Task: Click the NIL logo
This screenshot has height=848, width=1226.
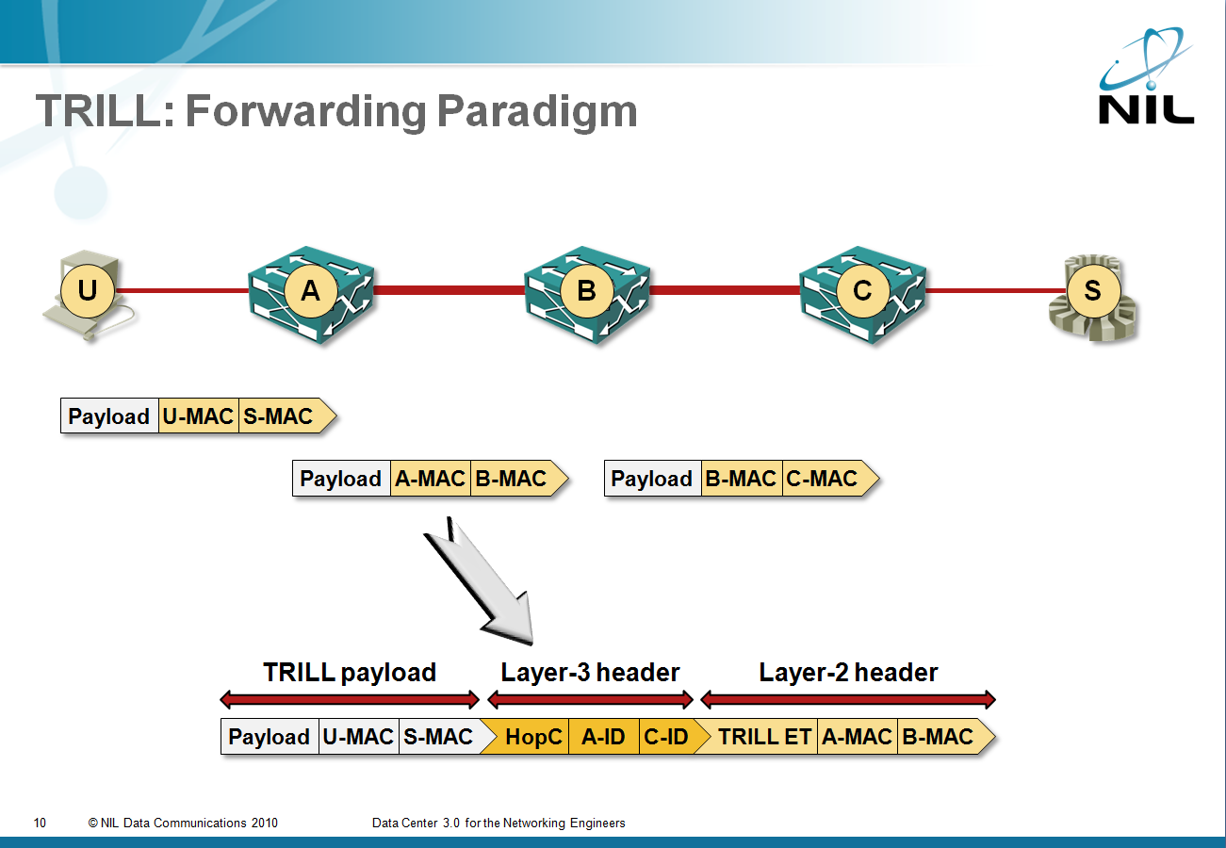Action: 1146,75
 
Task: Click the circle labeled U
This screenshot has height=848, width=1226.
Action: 88,290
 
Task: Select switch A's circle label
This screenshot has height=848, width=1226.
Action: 310,290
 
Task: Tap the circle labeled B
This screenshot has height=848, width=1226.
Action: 587,290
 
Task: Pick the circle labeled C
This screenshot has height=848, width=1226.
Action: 862,290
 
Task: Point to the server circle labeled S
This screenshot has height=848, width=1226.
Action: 1093,290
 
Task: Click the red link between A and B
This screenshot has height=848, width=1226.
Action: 449,290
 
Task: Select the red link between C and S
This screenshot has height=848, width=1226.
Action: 996,290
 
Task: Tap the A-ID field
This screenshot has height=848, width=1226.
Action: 604,737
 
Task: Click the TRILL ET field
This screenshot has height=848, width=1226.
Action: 760,737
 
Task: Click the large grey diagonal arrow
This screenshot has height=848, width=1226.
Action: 482,582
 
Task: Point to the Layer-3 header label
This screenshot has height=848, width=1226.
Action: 590,673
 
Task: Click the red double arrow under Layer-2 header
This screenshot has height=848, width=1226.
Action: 848,699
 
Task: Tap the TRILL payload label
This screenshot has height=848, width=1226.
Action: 350,673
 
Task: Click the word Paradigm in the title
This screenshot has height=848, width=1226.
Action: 537,111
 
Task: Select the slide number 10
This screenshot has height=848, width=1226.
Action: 40,823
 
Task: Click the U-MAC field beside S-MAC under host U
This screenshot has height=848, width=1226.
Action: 198,416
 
